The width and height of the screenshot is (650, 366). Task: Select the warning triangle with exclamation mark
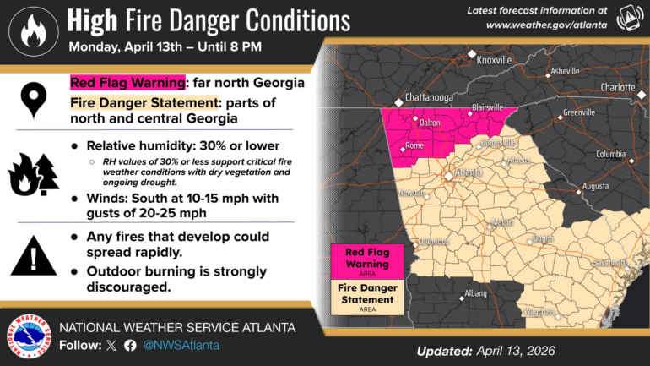(x=34, y=255)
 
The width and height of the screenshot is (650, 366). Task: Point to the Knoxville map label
(x=494, y=61)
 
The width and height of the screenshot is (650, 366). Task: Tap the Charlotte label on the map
(x=618, y=87)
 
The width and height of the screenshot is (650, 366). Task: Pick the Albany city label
(x=475, y=293)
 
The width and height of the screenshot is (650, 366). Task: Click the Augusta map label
(x=595, y=185)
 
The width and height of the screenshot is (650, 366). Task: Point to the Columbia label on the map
(x=610, y=154)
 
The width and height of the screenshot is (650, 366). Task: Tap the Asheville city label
(x=565, y=71)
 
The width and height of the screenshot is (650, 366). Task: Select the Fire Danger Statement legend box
(x=367, y=298)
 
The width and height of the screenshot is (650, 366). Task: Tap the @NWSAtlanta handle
(x=181, y=345)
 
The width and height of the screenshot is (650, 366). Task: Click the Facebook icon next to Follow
(x=130, y=345)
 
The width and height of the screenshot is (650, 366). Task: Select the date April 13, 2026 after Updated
(x=514, y=351)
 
